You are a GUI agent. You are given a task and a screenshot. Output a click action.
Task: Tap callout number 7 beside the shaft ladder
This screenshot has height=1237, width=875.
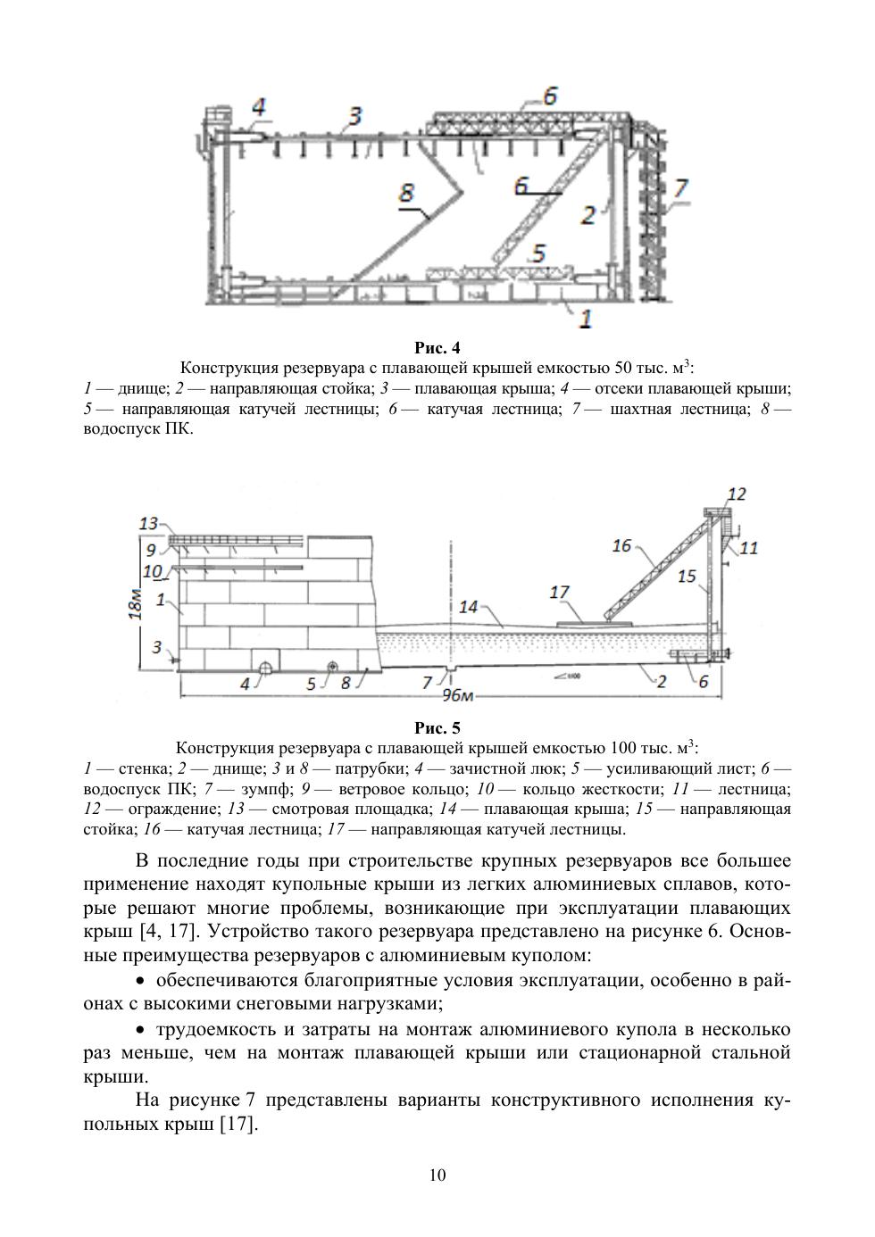[680, 188]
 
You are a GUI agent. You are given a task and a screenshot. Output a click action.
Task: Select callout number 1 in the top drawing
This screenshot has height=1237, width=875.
[586, 317]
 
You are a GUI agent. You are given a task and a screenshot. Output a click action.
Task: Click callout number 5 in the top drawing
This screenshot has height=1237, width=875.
[537, 253]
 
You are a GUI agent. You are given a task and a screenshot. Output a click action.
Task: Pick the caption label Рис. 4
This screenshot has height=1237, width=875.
[437, 347]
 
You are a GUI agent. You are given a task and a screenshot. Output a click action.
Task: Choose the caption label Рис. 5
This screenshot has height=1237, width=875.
[437, 727]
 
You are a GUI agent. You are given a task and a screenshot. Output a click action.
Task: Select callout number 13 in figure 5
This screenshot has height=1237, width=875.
[148, 524]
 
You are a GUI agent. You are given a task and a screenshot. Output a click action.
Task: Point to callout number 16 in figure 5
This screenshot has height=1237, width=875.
[621, 545]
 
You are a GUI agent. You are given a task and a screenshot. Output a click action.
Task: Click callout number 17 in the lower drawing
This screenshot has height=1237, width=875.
[560, 592]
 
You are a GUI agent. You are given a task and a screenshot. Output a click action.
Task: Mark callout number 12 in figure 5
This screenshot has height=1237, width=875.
[737, 494]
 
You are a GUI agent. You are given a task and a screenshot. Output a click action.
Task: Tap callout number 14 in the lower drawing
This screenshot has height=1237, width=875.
[470, 607]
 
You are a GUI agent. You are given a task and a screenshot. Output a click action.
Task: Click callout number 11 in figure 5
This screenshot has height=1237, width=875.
[748, 547]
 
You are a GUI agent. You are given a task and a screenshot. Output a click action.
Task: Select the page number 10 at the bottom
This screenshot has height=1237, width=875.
[437, 1175]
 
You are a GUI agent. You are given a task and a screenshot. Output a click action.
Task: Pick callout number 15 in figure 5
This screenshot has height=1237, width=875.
[686, 577]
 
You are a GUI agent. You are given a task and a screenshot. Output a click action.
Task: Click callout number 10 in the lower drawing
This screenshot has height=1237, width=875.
[152, 570]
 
